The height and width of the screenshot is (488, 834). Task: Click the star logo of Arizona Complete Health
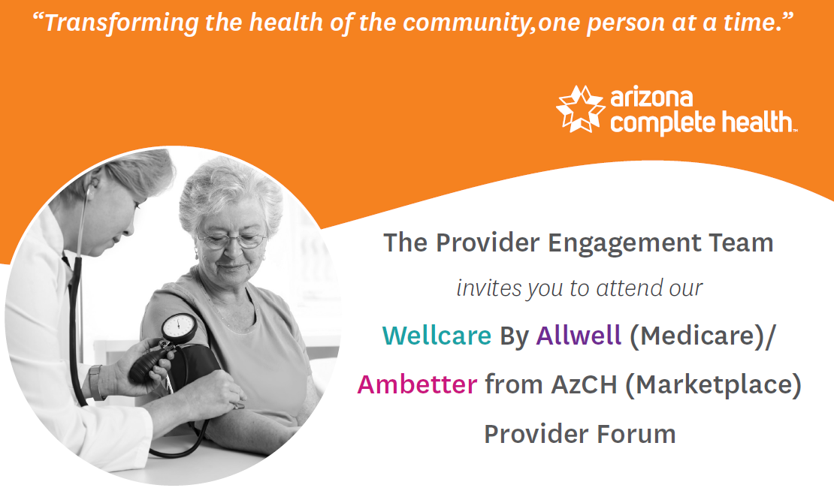(x=580, y=109)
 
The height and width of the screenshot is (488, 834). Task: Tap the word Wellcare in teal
(x=437, y=336)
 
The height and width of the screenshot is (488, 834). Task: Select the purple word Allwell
(x=579, y=336)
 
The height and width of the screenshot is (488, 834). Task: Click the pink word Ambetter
(x=417, y=384)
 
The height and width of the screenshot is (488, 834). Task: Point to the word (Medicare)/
(x=703, y=336)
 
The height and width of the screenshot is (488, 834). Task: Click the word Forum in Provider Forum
(x=636, y=434)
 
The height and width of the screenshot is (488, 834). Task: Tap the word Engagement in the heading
(x=624, y=244)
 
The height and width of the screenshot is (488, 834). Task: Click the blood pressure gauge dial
(x=180, y=327)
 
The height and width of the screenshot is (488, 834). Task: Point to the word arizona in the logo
(x=651, y=98)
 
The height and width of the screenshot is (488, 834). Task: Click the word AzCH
(x=584, y=384)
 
